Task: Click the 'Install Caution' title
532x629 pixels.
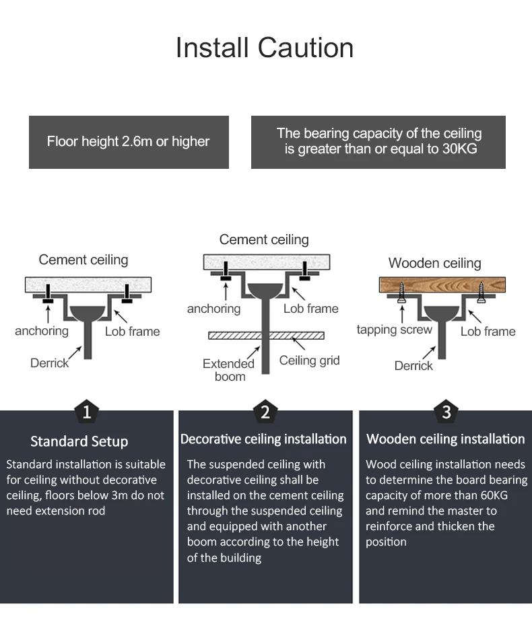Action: point(264,48)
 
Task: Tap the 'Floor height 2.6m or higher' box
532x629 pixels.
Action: point(129,142)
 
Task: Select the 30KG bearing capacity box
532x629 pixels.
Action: point(378,142)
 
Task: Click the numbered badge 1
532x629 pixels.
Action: point(86,410)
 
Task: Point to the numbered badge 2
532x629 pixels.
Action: point(265,411)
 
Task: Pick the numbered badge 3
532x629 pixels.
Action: point(446,410)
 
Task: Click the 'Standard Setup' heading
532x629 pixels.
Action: point(79,441)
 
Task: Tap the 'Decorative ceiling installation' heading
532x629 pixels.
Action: point(263,439)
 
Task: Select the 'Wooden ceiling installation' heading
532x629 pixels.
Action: point(445,439)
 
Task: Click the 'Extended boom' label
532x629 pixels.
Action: point(229,370)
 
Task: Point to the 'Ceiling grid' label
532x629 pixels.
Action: point(309,361)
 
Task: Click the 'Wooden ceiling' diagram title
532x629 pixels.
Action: point(434,263)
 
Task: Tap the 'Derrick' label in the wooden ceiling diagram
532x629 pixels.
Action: point(413,365)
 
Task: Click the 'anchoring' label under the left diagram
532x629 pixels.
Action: point(42,331)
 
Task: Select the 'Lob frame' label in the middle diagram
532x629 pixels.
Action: point(310,309)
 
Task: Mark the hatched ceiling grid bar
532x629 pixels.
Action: point(266,335)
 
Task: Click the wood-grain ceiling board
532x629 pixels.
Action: point(441,285)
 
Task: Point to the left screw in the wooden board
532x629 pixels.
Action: point(403,291)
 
